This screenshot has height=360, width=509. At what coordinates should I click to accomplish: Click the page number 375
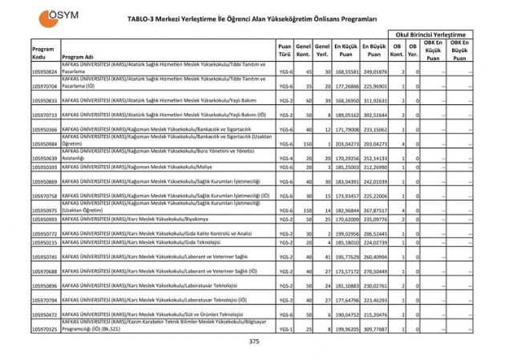[x=254, y=342]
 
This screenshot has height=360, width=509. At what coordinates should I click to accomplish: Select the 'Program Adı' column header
[x=78, y=58]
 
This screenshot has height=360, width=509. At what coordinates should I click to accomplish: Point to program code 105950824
[x=45, y=72]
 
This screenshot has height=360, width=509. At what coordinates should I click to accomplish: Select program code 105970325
[x=45, y=329]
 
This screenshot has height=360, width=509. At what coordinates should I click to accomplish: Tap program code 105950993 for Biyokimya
[x=45, y=219]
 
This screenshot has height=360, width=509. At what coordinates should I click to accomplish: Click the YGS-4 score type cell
[x=285, y=158]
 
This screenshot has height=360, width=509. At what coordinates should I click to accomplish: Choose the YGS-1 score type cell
[x=285, y=329]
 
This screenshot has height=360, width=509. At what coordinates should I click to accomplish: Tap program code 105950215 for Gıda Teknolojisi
[x=45, y=241]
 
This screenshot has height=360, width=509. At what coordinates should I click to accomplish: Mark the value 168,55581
[x=345, y=72]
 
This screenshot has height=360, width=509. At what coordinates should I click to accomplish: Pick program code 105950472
[x=45, y=315]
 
